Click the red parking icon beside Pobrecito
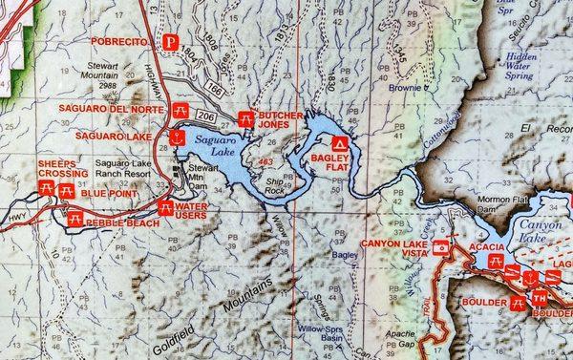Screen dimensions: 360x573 [x=170, y=41]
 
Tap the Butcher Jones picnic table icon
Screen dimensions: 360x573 [x=245, y=118]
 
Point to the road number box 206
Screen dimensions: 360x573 [x=209, y=113]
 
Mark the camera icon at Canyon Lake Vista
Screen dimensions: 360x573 [x=440, y=247]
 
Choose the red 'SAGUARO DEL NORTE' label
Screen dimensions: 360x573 [x=113, y=108]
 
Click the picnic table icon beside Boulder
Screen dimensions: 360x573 [x=518, y=302]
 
